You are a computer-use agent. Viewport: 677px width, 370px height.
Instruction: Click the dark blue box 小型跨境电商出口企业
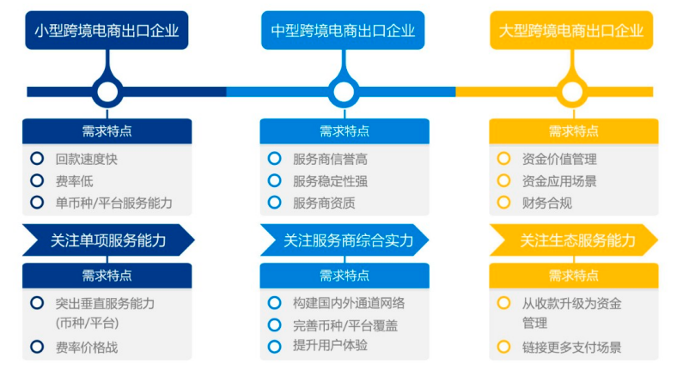tap(107, 30)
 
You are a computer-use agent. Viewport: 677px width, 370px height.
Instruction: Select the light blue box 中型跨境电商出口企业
tap(343, 30)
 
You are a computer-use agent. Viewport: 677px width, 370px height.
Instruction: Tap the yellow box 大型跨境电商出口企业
tap(571, 30)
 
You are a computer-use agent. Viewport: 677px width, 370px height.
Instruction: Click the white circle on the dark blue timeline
tap(107, 92)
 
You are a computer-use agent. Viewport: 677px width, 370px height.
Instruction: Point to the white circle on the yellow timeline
tap(572, 92)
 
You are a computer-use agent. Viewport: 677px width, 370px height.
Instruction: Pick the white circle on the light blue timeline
tap(344, 92)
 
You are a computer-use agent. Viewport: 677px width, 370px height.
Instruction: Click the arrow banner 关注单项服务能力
tap(108, 240)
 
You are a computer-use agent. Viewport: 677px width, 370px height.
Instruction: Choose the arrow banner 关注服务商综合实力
tap(345, 240)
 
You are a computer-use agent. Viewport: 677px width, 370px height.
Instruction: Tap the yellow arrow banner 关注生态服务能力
tap(573, 240)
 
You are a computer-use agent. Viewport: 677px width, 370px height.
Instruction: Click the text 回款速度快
tap(87, 159)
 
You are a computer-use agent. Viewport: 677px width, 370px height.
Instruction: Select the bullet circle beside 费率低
tap(37, 180)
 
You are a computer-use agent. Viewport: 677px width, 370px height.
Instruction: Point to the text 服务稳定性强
tap(330, 181)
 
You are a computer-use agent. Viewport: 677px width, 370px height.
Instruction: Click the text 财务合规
tap(547, 203)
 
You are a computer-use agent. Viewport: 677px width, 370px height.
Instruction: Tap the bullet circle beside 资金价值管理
tap(503, 158)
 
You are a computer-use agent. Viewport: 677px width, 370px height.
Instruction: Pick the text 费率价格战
tap(87, 347)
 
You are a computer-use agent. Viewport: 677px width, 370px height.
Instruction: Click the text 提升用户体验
tap(330, 345)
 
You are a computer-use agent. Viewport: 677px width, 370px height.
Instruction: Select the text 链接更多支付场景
tap(571, 347)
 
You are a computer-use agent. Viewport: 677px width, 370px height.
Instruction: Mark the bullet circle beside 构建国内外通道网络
tap(275, 303)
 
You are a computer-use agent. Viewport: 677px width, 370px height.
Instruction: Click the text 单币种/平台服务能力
tap(114, 203)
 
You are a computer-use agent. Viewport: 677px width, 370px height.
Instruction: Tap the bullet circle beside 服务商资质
tap(275, 202)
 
